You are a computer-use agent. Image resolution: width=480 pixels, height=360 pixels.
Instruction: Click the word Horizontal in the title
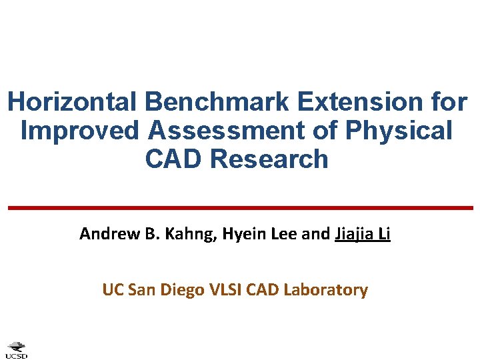tap(72, 102)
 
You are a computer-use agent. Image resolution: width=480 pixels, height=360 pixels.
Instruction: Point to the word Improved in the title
tap(79, 131)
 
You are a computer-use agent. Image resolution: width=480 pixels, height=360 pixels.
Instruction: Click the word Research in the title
tap(271, 159)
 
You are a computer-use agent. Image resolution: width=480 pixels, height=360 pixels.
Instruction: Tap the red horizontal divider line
tap(240, 208)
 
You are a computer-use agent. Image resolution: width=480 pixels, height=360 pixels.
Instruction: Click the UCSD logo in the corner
tap(17, 349)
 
